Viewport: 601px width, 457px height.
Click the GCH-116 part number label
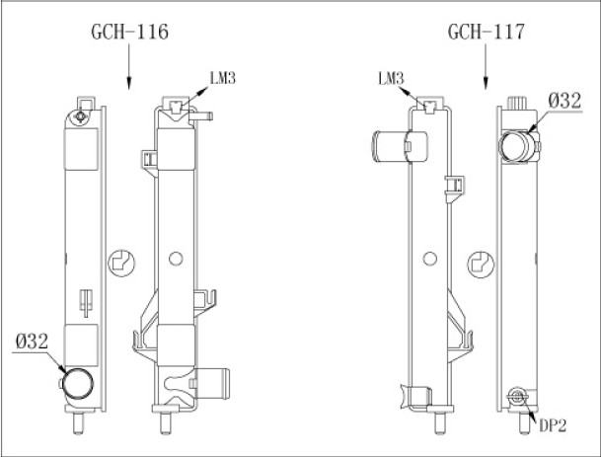point(129,32)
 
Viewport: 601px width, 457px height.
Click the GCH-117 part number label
point(485,32)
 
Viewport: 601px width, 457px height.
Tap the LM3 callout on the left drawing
point(224,76)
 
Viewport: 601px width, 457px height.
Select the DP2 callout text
point(552,425)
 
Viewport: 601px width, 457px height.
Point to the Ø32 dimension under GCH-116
point(33,343)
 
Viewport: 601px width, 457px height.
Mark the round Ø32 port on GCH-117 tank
point(516,146)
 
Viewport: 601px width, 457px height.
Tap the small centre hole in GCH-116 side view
point(175,260)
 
